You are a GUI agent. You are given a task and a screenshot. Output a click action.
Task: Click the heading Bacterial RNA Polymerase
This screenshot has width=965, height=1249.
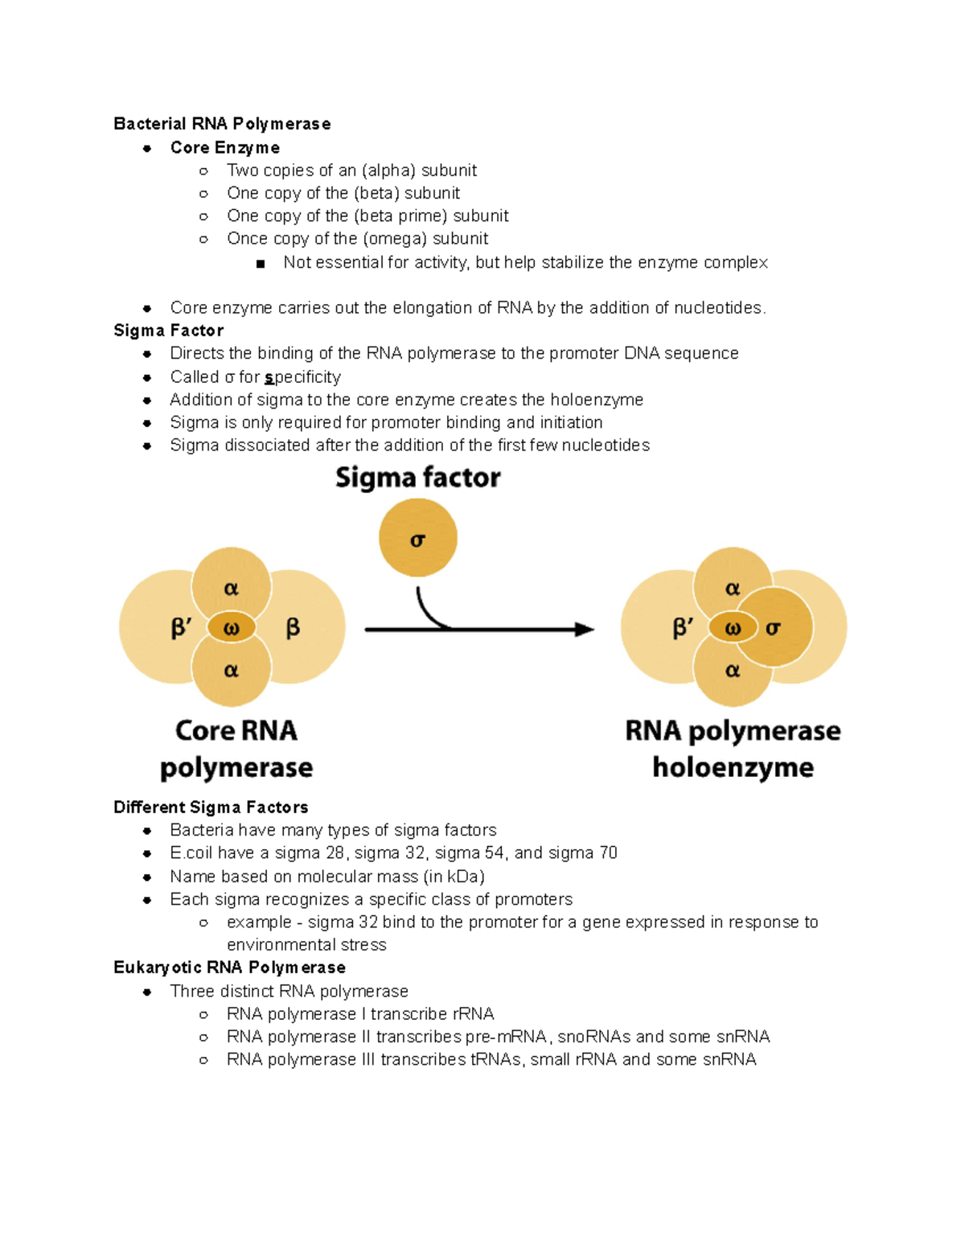(222, 124)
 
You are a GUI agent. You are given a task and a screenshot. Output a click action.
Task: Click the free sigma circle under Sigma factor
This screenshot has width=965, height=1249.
(417, 538)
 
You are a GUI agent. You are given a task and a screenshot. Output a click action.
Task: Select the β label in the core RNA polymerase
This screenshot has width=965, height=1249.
(293, 628)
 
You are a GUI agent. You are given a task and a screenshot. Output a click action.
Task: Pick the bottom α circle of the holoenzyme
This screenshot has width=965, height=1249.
(732, 671)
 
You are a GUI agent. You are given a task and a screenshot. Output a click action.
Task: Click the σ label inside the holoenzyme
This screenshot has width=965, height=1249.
(773, 629)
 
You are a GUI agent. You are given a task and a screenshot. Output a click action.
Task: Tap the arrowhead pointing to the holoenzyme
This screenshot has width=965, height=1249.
(585, 630)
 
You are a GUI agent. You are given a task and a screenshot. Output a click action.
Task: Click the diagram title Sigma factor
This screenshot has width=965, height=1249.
(417, 478)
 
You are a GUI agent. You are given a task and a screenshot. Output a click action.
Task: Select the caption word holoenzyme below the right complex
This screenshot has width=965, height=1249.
(733, 767)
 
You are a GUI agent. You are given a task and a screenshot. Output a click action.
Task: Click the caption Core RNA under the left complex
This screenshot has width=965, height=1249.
(236, 731)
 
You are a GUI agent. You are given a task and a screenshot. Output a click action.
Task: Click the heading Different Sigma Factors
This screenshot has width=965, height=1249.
(211, 807)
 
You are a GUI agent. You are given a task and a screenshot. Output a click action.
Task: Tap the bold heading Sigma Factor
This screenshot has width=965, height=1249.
(168, 331)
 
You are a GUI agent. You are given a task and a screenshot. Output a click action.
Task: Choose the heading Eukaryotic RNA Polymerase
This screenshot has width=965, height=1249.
(229, 968)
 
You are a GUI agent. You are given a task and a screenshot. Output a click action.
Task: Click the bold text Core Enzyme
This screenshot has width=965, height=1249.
(225, 148)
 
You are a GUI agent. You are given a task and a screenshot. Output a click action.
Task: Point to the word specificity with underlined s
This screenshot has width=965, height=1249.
(302, 377)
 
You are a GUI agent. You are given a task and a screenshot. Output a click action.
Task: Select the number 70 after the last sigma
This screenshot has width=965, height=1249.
(608, 853)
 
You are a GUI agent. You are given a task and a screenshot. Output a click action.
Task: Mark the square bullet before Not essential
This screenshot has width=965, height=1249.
(260, 264)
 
